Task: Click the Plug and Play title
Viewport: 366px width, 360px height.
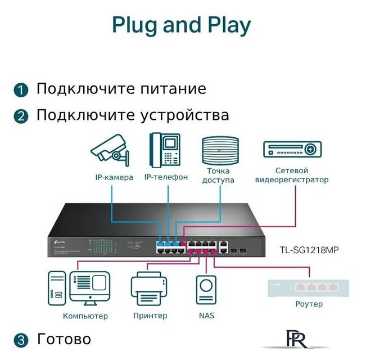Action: tap(181, 26)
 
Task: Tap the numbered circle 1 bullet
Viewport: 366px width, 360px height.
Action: tap(21, 90)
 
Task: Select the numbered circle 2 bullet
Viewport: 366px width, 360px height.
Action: tap(21, 116)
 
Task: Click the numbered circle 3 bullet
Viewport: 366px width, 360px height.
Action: tap(21, 340)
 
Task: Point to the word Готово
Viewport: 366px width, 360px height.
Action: tap(64, 339)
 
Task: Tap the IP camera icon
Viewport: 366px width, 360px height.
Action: tap(110, 150)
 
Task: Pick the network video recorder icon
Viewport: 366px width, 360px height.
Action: tap(291, 150)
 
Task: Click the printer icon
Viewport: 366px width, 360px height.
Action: tap(150, 289)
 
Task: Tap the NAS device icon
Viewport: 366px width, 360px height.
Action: tap(206, 290)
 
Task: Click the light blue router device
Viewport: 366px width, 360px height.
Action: tap(309, 287)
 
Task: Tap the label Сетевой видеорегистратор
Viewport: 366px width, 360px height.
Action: tap(291, 175)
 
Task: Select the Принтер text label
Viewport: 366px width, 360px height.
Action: tap(150, 316)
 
